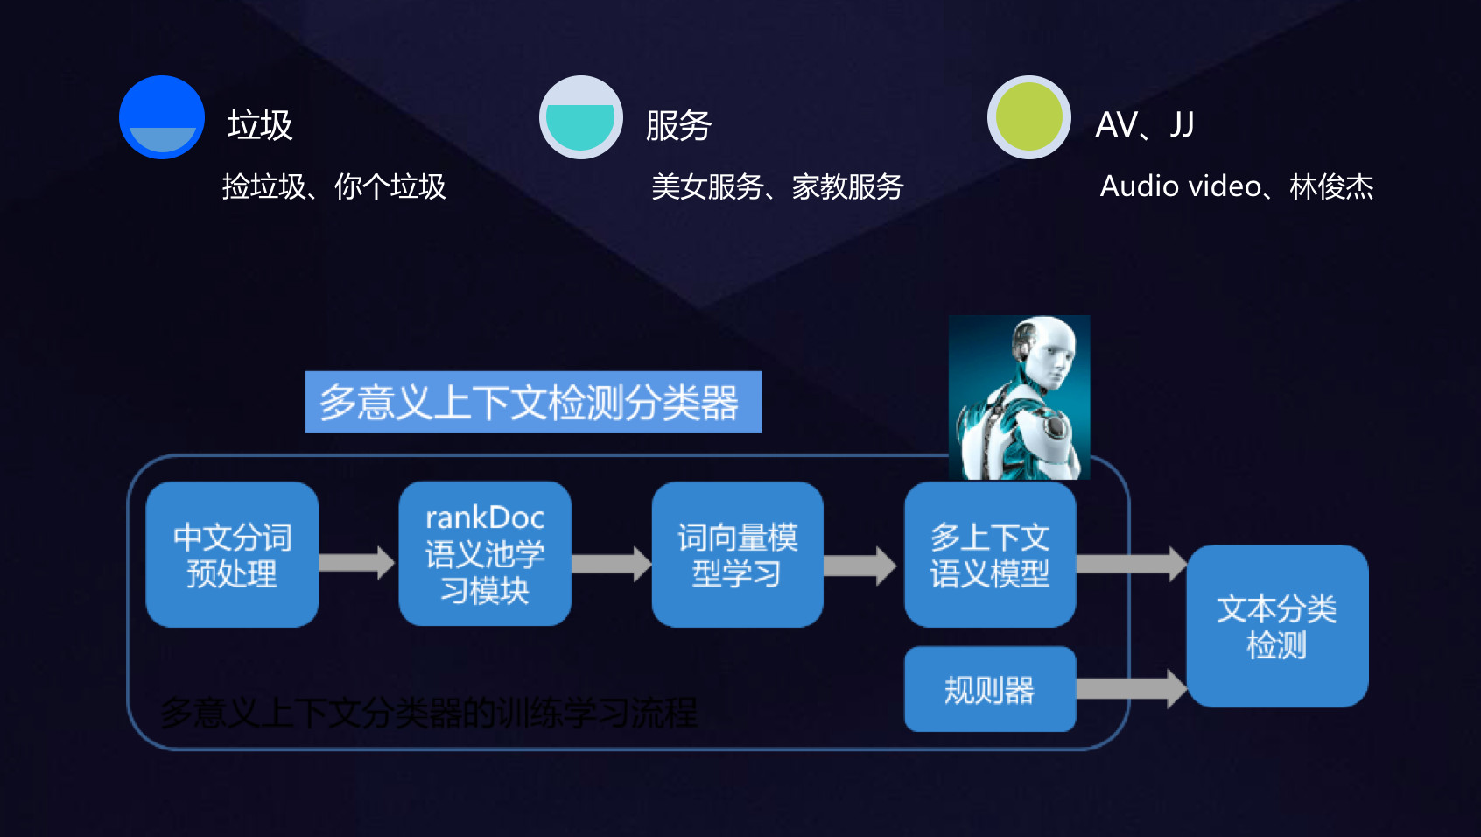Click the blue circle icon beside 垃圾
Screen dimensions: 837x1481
pyautogui.click(x=162, y=117)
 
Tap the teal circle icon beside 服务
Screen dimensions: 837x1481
pyautogui.click(x=580, y=117)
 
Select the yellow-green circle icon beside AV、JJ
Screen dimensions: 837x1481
pyautogui.click(x=1028, y=117)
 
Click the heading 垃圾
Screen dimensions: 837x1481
pyautogui.click(x=260, y=125)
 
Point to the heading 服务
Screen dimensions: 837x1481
pyautogui.click(x=678, y=125)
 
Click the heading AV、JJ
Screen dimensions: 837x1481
pyautogui.click(x=1145, y=125)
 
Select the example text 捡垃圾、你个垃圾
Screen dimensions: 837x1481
pyautogui.click(x=333, y=186)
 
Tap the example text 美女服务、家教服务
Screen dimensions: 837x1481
pyautogui.click(x=777, y=186)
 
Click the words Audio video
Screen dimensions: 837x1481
pyautogui.click(x=1180, y=186)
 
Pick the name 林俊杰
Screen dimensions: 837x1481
pyautogui.click(x=1331, y=186)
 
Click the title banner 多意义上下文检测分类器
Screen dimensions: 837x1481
pyautogui.click(x=533, y=402)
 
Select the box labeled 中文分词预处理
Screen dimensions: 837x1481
pyautogui.click(x=232, y=554)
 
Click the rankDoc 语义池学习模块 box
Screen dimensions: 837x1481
pyautogui.click(x=485, y=554)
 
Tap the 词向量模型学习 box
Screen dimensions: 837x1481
pyautogui.click(x=737, y=554)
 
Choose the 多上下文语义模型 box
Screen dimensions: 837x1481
pyautogui.click(x=990, y=554)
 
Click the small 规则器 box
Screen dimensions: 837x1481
pyautogui.click(x=990, y=689)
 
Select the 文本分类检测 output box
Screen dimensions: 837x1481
pyautogui.click(x=1277, y=626)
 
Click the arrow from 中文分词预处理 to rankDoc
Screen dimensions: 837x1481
pyautogui.click(x=356, y=562)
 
